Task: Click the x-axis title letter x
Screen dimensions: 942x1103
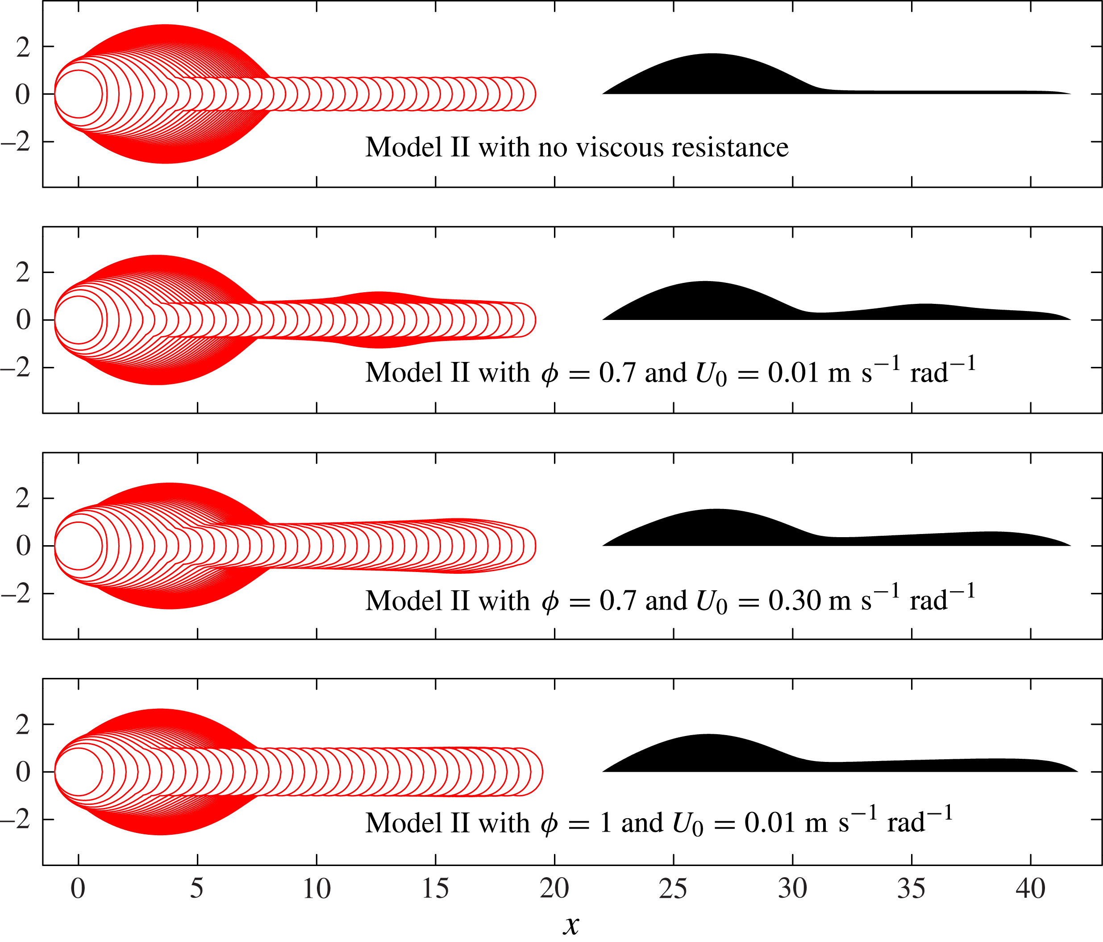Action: coord(570,926)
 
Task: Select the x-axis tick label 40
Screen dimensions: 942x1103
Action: coord(1031,889)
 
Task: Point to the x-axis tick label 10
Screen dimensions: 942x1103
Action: coord(317,889)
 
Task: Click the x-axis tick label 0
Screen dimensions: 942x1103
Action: coord(78,889)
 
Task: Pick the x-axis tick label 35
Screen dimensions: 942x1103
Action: coord(912,889)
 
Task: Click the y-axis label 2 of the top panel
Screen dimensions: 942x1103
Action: coord(23,47)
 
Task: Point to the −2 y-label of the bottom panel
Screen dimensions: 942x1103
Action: coord(16,820)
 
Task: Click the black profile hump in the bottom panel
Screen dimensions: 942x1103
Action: coord(708,754)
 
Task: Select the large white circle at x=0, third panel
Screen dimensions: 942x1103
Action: coord(79,546)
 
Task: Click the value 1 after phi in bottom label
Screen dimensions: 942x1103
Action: coord(605,822)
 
